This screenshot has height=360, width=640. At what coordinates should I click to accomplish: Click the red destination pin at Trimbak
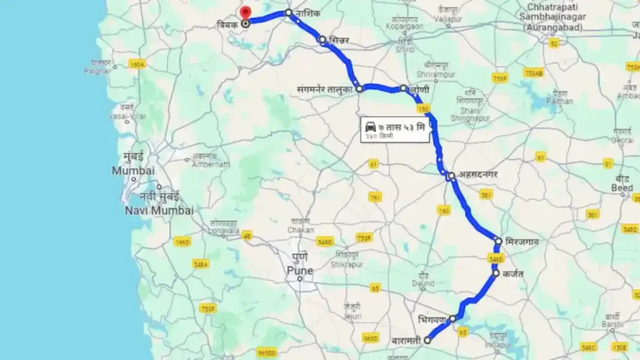(x=245, y=13)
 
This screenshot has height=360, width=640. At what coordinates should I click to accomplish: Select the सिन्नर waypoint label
(x=341, y=41)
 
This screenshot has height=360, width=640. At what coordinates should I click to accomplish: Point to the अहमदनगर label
(x=477, y=175)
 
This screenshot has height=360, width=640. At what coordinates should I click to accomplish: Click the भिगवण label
(x=432, y=319)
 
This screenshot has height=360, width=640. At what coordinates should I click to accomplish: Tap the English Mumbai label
(x=133, y=171)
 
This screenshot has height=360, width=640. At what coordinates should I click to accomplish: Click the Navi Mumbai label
(x=159, y=211)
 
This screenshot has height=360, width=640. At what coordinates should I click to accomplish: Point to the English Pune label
(x=299, y=271)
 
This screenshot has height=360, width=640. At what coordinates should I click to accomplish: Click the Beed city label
(x=622, y=187)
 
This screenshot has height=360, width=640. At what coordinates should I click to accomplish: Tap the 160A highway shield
(x=137, y=64)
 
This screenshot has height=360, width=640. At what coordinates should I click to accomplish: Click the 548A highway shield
(x=201, y=264)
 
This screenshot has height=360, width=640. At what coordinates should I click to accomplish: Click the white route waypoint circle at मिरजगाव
(x=499, y=241)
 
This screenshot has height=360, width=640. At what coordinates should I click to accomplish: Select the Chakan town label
(x=301, y=230)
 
